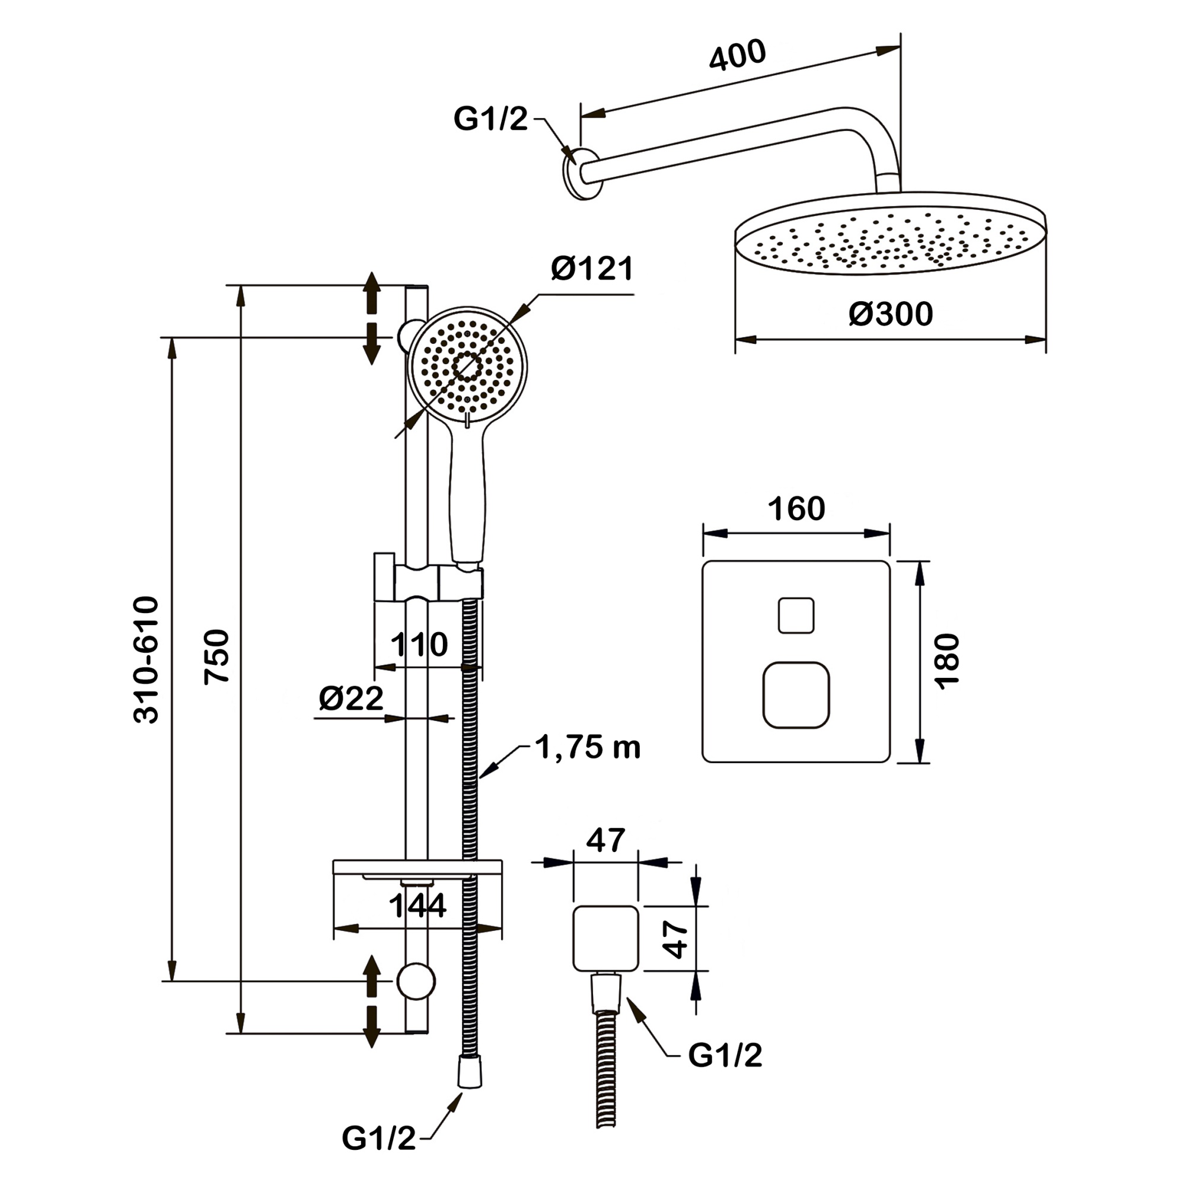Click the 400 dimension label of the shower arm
pos(737,55)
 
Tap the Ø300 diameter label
pos(890,314)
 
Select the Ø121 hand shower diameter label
pos(592,269)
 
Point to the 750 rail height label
pos(217,656)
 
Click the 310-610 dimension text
pos(146,659)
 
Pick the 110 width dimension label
pos(419,645)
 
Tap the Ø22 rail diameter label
pos(351,698)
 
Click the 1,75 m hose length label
pos(588,748)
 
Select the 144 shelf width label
pos(417,906)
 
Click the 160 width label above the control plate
pos(796,509)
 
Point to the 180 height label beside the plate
pos(946,662)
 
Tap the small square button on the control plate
pos(796,615)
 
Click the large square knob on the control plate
pos(796,695)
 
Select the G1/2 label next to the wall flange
pos(490,119)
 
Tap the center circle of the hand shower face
pos(467,367)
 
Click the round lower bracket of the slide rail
pos(416,981)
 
